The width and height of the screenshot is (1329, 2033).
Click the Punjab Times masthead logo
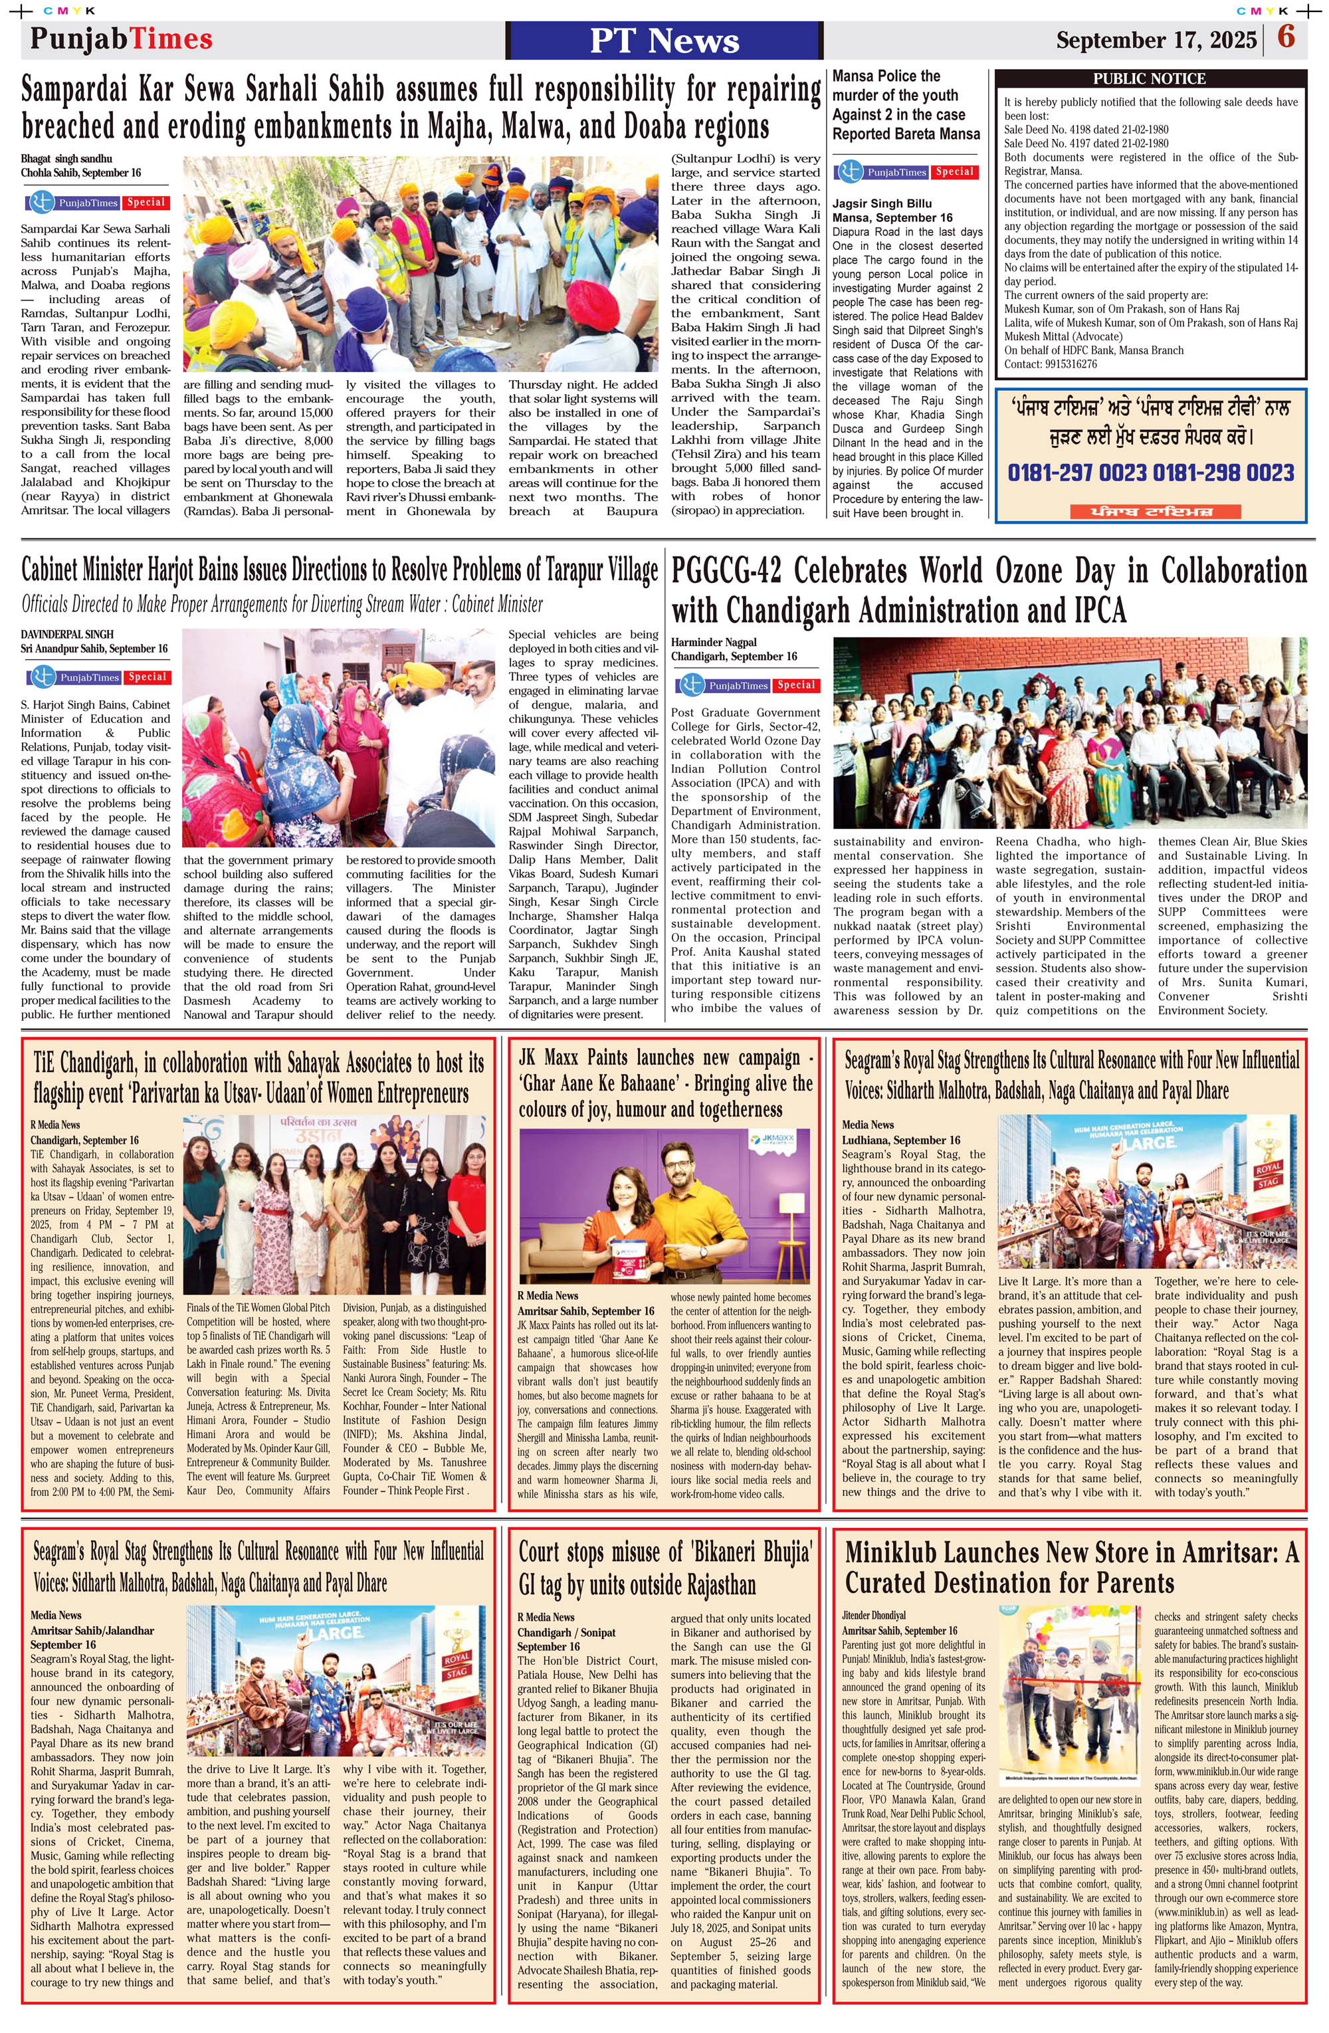(x=122, y=39)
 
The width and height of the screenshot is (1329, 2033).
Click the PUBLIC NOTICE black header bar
(x=1150, y=78)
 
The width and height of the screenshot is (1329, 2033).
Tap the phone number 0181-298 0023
(x=1223, y=473)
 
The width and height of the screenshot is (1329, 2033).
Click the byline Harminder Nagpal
(x=714, y=643)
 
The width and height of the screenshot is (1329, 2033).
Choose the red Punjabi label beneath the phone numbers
(x=1142, y=512)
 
